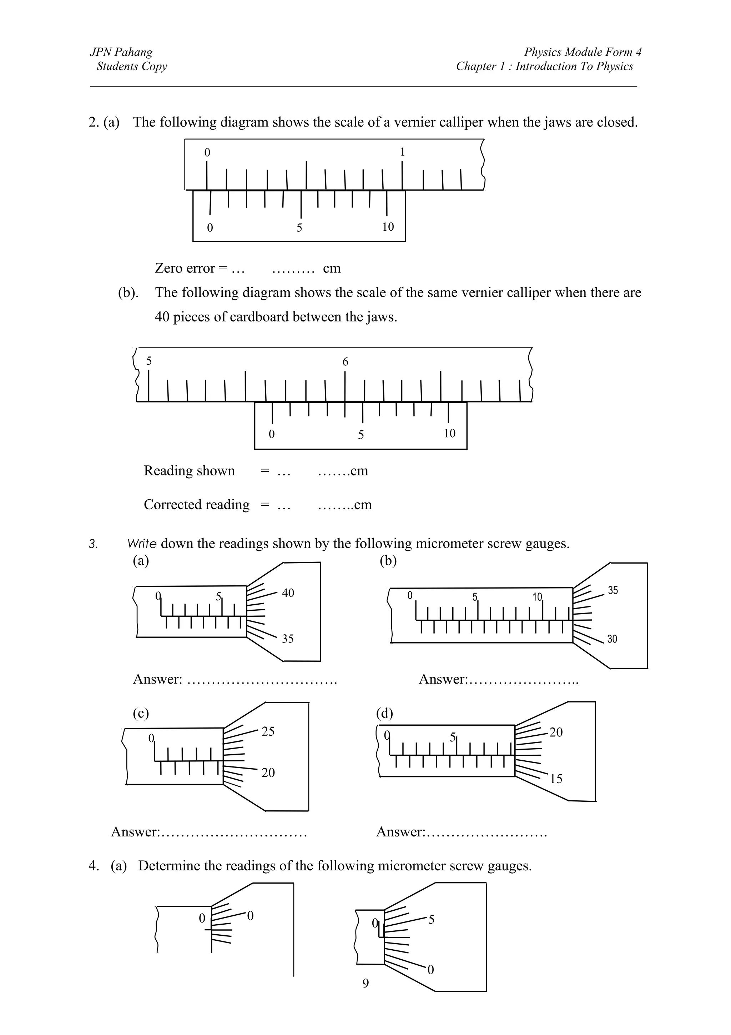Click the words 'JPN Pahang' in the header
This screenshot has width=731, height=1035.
pyautogui.click(x=121, y=52)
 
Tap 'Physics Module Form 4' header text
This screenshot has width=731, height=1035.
pyautogui.click(x=583, y=52)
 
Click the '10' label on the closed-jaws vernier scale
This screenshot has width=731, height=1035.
pyautogui.click(x=388, y=227)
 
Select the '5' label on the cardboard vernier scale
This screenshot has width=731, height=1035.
pyautogui.click(x=361, y=435)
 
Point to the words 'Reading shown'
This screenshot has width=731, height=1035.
pyautogui.click(x=189, y=471)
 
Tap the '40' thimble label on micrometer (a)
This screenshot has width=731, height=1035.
pyautogui.click(x=288, y=593)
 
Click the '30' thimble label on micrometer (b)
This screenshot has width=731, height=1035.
pyautogui.click(x=612, y=639)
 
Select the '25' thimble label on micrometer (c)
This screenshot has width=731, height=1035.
pyautogui.click(x=268, y=732)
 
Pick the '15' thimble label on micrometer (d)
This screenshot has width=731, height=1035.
pyautogui.click(x=556, y=779)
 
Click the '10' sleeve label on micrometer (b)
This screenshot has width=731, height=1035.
pyautogui.click(x=537, y=597)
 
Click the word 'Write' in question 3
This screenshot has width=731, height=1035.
pyautogui.click(x=142, y=544)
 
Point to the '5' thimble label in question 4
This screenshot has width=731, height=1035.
pyautogui.click(x=432, y=920)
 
